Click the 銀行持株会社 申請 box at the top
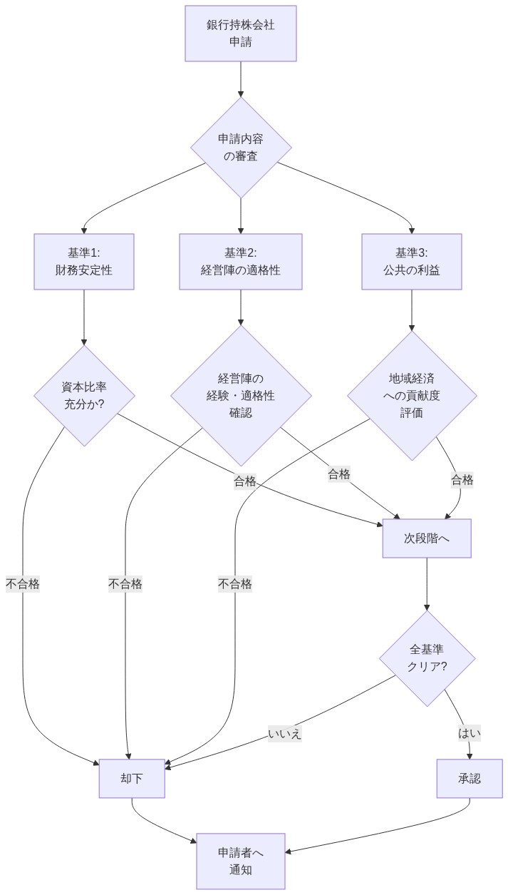(241, 34)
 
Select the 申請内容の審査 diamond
(241, 147)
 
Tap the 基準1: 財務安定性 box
(84, 262)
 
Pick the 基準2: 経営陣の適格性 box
(241, 262)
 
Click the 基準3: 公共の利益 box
(412, 262)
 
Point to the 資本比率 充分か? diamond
(84, 396)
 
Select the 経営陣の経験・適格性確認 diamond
(241, 396)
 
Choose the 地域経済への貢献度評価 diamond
(412, 396)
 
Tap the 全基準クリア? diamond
(427, 658)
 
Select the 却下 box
(132, 779)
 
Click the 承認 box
(470, 779)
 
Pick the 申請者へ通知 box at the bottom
(241, 861)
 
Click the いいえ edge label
(284, 734)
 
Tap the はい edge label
(470, 733)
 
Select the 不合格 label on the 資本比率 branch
(23, 584)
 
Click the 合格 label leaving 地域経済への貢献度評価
(462, 480)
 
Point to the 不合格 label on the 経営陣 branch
(125, 584)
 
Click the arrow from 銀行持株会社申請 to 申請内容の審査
(241, 78)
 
